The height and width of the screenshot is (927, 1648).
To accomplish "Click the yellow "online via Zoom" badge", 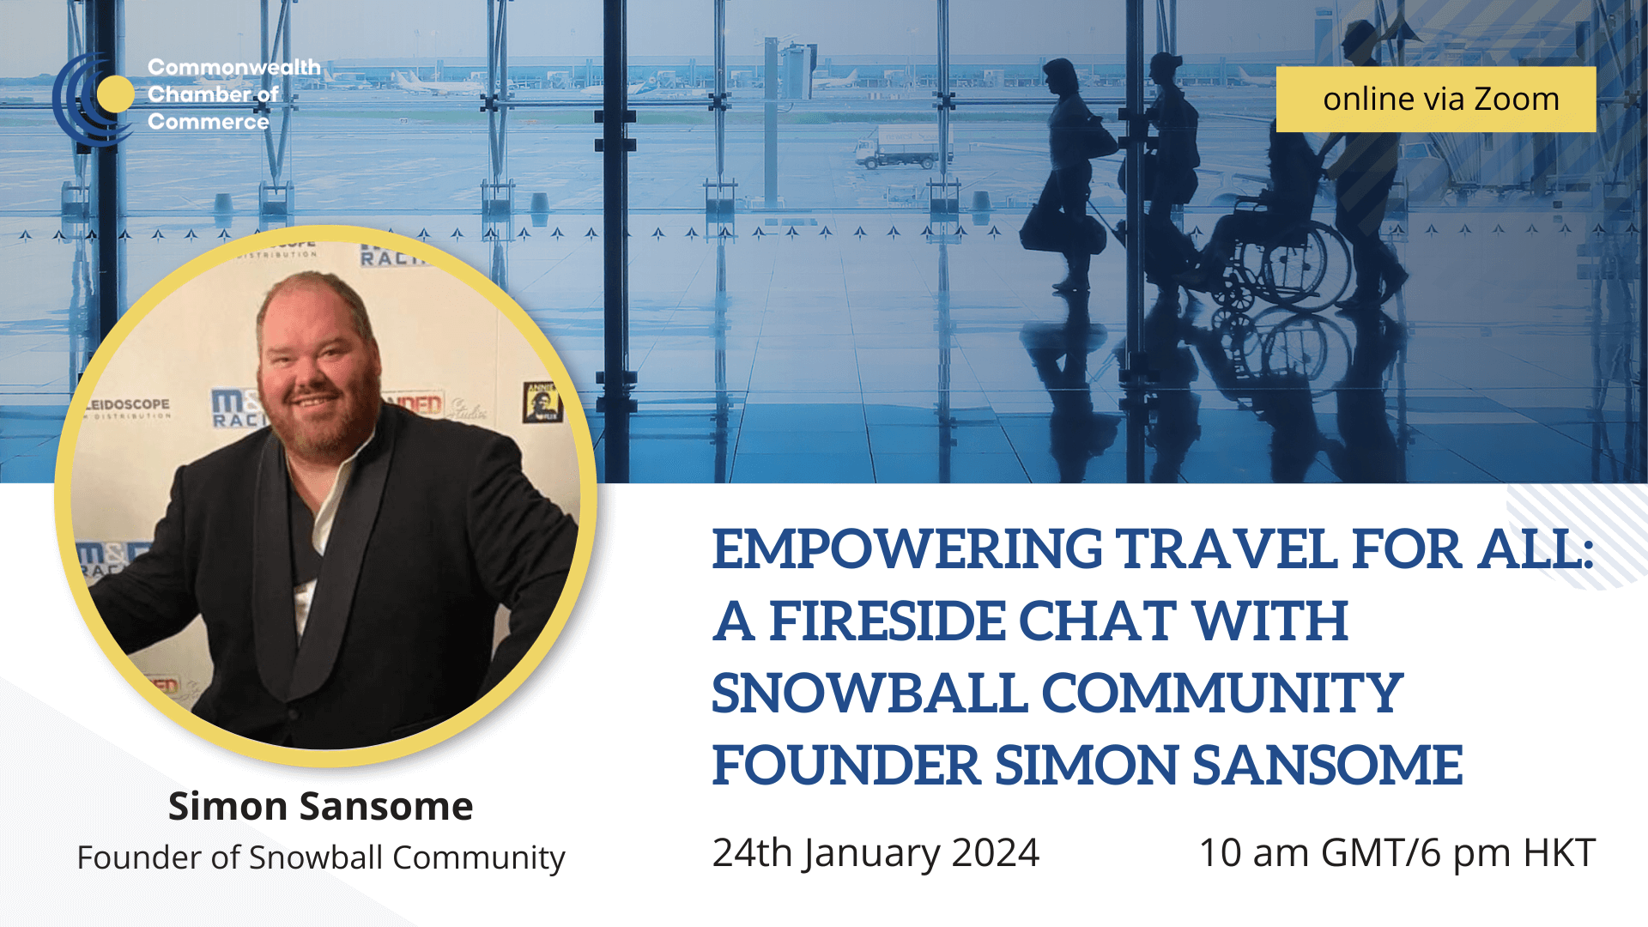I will [x=1435, y=100].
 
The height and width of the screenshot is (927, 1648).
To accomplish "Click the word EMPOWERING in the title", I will [x=906, y=549].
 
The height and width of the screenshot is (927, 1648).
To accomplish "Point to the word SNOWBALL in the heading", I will [x=869, y=694].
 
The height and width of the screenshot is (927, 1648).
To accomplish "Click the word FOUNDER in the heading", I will [x=845, y=766].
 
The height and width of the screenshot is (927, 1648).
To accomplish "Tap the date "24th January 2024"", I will [x=875, y=852].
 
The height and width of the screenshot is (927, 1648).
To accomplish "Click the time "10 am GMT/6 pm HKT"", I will [x=1397, y=852].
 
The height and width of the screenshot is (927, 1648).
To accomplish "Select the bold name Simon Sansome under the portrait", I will [x=320, y=806].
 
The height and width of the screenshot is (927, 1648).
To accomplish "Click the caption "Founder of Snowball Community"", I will [x=321, y=857].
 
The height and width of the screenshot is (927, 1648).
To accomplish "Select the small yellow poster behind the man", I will [x=541, y=402].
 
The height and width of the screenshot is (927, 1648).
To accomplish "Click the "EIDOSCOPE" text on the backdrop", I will [x=130, y=403].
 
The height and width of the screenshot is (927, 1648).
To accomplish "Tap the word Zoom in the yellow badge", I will [x=1516, y=100].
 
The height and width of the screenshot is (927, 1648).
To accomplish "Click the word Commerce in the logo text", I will [x=209, y=122].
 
